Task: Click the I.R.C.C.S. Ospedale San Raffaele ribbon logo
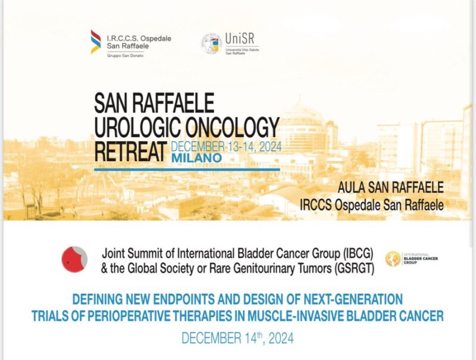click(95, 42)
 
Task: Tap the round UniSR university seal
click(210, 43)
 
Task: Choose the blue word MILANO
click(196, 158)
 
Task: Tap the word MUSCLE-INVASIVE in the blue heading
click(322, 316)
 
